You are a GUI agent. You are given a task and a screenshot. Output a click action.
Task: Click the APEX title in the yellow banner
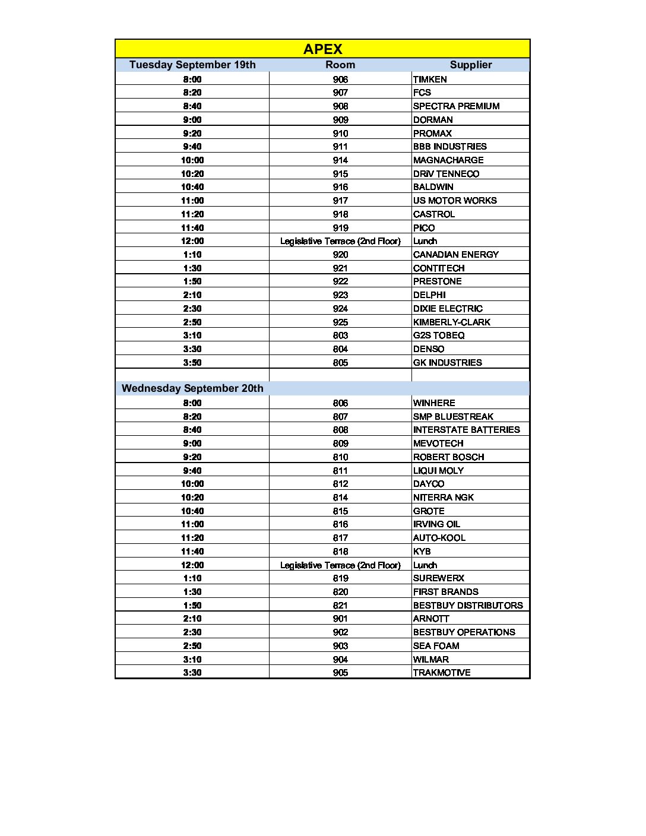point(322,49)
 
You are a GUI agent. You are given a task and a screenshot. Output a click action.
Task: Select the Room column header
point(340,65)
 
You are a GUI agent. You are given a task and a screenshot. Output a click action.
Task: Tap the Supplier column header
point(470,65)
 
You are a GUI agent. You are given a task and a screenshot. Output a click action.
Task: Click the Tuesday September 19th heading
point(192,65)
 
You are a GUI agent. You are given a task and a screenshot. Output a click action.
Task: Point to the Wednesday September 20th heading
point(192,388)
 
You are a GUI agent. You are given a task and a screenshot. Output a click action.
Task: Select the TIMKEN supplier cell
point(430,79)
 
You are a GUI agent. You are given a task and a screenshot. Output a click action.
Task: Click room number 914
point(340,160)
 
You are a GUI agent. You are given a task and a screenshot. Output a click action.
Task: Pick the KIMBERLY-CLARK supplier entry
point(452,322)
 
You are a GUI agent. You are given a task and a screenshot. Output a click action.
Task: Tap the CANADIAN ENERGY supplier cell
point(455,255)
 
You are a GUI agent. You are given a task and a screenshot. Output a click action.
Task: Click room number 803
point(340,335)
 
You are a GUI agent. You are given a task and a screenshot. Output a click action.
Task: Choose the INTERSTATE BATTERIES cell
point(466,430)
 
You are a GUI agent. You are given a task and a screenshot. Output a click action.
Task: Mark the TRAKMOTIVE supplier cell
point(442,673)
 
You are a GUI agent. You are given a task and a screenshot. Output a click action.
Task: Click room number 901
point(340,619)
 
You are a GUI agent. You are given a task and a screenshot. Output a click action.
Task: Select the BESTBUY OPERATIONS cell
point(464,632)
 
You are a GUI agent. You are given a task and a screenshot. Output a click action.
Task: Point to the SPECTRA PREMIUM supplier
point(456,106)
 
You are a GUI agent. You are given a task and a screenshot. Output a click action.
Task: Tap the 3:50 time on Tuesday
point(192,363)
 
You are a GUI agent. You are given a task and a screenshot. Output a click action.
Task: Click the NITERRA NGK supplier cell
point(443,498)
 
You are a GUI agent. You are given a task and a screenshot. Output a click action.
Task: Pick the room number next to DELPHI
point(340,295)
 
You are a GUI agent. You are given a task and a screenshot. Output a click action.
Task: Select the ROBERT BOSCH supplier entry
point(448,457)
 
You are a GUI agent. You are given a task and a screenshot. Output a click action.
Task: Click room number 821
point(340,606)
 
